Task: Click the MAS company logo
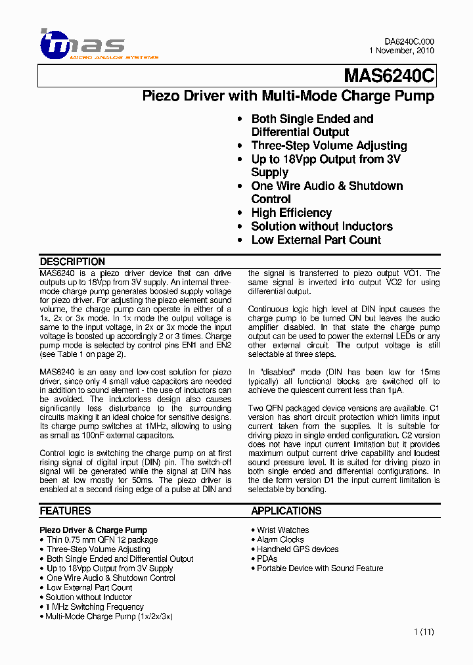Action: click(x=81, y=45)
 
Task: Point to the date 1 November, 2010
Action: click(x=401, y=51)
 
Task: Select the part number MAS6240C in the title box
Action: click(x=389, y=77)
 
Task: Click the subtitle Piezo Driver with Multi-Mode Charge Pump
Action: click(x=288, y=96)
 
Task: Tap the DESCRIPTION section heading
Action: click(x=72, y=262)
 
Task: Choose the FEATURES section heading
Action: click(x=65, y=511)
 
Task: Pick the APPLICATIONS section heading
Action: click(x=286, y=511)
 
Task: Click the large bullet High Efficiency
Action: click(x=291, y=213)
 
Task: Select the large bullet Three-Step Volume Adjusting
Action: click(x=328, y=146)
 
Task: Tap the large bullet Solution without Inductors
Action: click(x=321, y=226)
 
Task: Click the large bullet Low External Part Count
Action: click(x=315, y=240)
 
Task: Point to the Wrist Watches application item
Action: click(x=282, y=530)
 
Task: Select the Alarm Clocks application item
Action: click(x=280, y=539)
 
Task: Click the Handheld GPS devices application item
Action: click(x=298, y=549)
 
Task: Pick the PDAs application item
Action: click(x=267, y=559)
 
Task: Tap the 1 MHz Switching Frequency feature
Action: click(x=94, y=607)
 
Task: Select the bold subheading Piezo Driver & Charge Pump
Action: click(x=93, y=530)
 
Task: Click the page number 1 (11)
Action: click(x=424, y=632)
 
